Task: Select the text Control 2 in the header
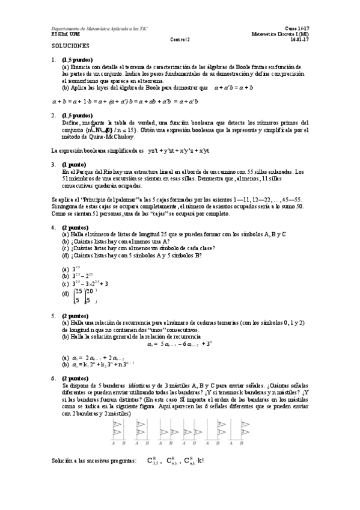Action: (x=180, y=40)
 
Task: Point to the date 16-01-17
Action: (x=299, y=40)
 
